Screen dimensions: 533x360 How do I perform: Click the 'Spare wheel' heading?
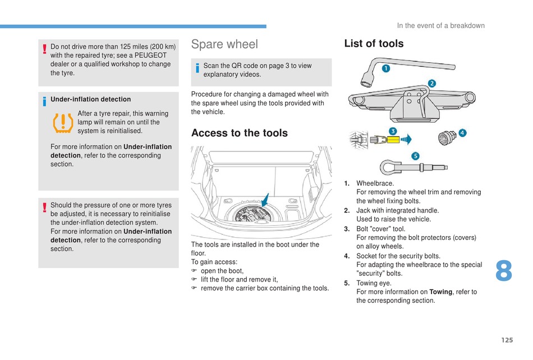tap(224, 44)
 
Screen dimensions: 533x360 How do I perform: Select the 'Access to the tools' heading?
tap(240, 133)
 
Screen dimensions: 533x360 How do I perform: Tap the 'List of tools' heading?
tap(374, 44)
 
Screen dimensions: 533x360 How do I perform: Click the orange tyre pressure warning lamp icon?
tap(63, 123)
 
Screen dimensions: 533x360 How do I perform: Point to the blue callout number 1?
tap(386, 68)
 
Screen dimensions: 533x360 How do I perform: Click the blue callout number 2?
tap(431, 83)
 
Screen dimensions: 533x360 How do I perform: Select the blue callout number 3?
tap(393, 131)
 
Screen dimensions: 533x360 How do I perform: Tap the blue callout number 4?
tap(462, 133)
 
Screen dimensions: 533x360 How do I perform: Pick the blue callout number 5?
tap(415, 156)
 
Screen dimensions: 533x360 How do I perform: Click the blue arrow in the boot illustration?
tap(265, 200)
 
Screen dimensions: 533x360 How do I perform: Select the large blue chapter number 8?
tap(504, 271)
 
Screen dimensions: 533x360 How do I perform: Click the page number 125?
tap(507, 340)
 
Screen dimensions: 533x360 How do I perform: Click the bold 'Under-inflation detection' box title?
tap(91, 99)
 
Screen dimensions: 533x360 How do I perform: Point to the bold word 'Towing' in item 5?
tap(440, 292)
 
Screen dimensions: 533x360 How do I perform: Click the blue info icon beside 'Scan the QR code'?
tap(197, 68)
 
